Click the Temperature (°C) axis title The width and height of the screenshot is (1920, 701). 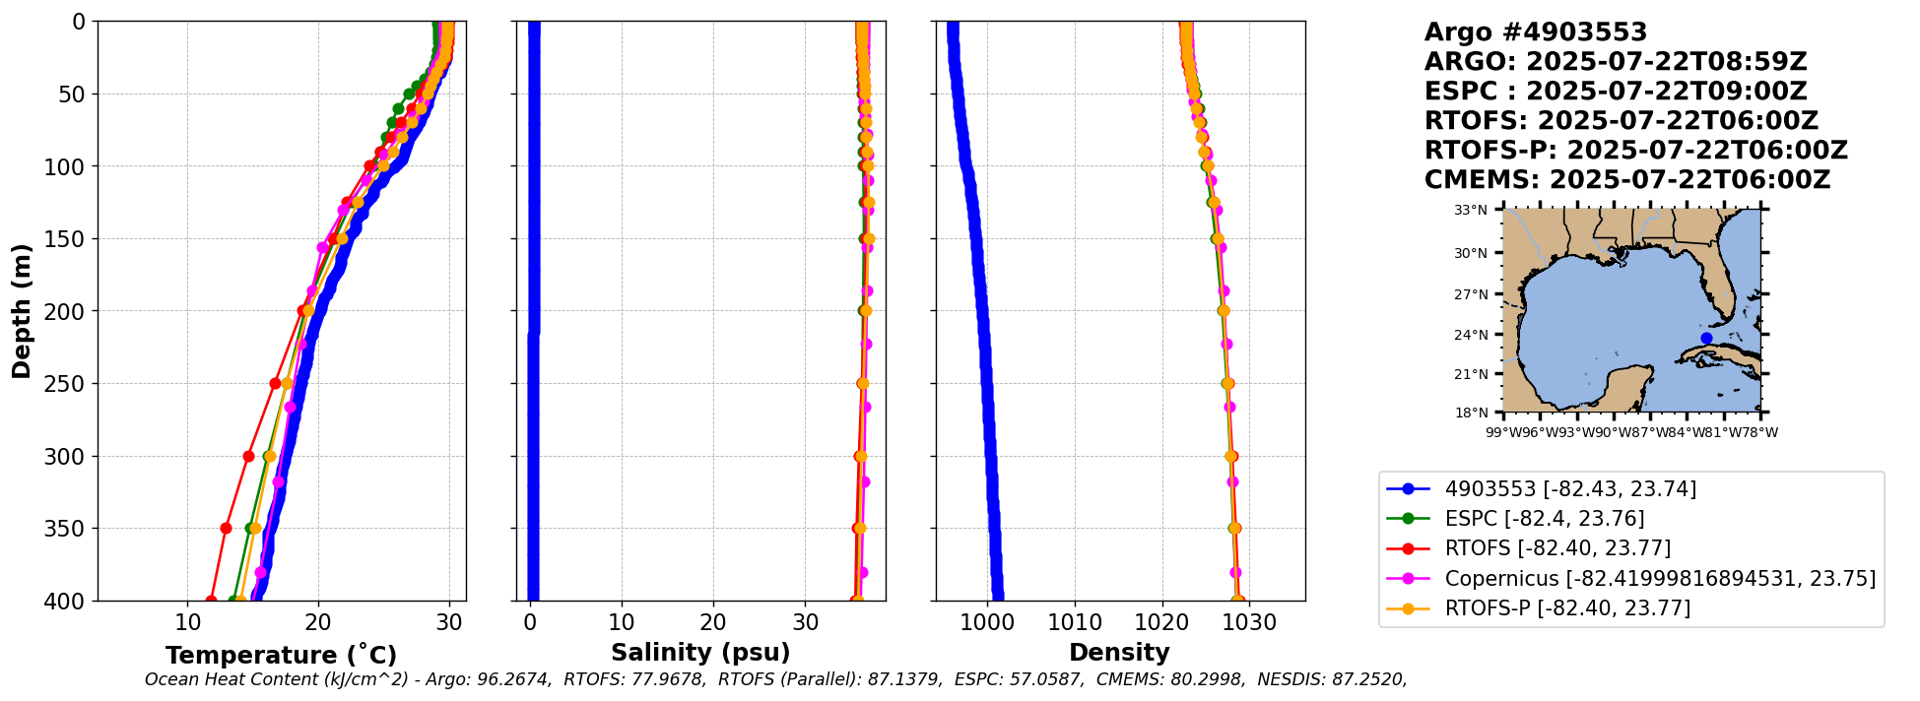coord(281,656)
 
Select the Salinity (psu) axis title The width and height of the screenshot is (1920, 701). coord(700,653)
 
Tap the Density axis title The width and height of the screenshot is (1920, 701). coord(1119,653)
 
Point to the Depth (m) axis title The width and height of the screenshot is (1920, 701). coord(21,311)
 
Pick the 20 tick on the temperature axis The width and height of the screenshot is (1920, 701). coord(318,622)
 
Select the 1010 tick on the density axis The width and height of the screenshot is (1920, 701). coord(1075,622)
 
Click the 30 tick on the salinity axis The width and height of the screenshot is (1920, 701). coord(805,622)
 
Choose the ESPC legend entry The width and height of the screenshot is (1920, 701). coord(1544,519)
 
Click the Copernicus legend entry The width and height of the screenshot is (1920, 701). coord(1659,579)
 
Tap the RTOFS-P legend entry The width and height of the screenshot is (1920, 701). coord(1566,608)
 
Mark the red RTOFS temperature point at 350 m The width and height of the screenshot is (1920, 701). coord(226,529)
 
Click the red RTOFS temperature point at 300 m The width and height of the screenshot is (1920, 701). coord(248,456)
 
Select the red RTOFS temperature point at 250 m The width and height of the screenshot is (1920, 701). coord(275,384)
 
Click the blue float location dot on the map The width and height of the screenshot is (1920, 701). coord(1706,338)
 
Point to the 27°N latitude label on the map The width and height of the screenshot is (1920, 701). coord(1471,294)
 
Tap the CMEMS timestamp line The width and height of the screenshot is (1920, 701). coord(1626,180)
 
